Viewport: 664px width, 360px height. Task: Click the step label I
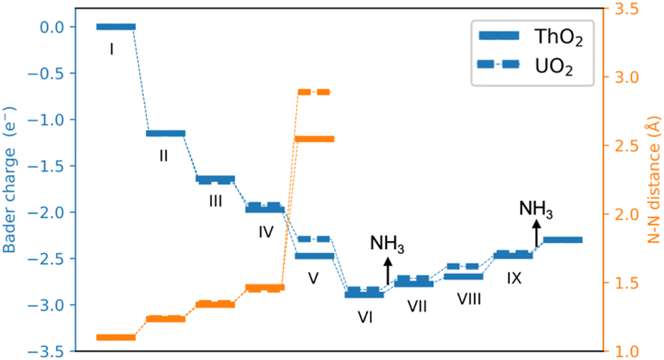click(x=113, y=50)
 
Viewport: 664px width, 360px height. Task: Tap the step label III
click(x=215, y=202)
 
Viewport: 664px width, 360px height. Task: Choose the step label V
click(x=313, y=278)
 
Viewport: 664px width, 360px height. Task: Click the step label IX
click(x=513, y=278)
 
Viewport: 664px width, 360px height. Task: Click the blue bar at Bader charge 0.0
click(x=116, y=27)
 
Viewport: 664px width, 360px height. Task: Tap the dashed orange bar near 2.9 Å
click(x=314, y=92)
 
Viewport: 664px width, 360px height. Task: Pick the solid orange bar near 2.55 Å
click(x=314, y=138)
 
